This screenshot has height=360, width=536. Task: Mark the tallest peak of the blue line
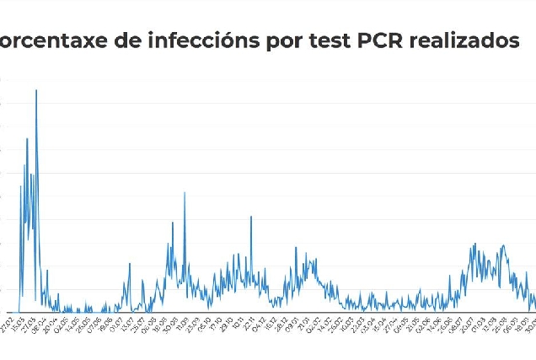click(x=36, y=90)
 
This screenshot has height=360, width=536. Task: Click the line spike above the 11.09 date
click(x=185, y=193)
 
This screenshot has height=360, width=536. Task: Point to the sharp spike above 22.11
click(x=251, y=217)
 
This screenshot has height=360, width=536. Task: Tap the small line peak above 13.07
click(x=130, y=264)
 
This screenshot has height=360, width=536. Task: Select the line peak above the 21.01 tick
click(x=296, y=247)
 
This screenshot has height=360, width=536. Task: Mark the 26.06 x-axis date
click(x=436, y=323)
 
